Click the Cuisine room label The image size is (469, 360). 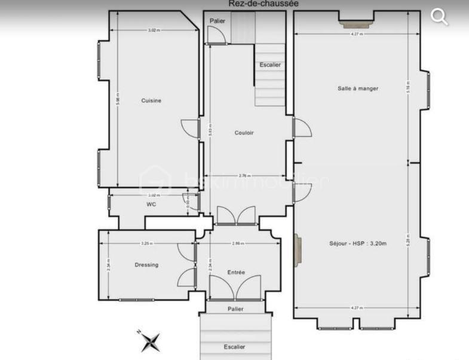151,100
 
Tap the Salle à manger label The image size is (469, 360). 358,89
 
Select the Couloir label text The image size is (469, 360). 244,133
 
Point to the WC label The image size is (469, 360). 151,204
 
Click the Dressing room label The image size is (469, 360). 146,264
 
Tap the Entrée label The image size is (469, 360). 236,272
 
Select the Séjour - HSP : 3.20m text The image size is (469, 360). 358,243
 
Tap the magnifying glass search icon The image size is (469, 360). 440,17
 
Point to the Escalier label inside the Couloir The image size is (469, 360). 270,65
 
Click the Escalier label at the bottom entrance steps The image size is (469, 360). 235,347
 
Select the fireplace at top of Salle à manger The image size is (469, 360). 356,24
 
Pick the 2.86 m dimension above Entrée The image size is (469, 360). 237,244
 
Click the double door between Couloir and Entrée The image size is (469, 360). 235,216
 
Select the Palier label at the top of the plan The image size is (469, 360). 216,21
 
